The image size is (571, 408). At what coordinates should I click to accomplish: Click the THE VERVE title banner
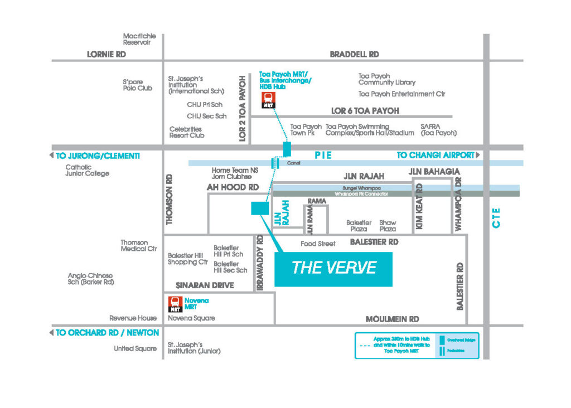333,268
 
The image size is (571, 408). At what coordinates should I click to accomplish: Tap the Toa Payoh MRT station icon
268,101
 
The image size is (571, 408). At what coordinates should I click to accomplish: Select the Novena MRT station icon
176,304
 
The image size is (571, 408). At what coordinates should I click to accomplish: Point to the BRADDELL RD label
354,54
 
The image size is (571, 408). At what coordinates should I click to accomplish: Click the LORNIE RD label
107,54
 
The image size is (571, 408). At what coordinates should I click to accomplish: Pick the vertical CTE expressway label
496,217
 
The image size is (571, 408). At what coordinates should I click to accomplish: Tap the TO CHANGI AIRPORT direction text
435,156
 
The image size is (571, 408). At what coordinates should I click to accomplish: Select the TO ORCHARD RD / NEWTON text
107,333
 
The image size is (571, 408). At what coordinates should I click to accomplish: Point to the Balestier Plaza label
359,226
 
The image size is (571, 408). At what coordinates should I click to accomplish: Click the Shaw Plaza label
388,226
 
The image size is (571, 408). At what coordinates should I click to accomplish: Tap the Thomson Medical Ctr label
134,246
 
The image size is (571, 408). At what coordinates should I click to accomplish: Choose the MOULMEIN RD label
392,319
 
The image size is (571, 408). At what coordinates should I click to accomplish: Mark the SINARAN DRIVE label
205,285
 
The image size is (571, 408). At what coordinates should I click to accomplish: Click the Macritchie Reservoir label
139,39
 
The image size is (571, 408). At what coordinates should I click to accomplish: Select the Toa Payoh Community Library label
387,79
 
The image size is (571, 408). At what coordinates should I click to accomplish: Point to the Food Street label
318,244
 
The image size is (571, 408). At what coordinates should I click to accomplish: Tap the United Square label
134,349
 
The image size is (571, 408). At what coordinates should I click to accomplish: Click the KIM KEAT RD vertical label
419,206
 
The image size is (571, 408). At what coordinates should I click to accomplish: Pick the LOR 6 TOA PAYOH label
365,111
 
